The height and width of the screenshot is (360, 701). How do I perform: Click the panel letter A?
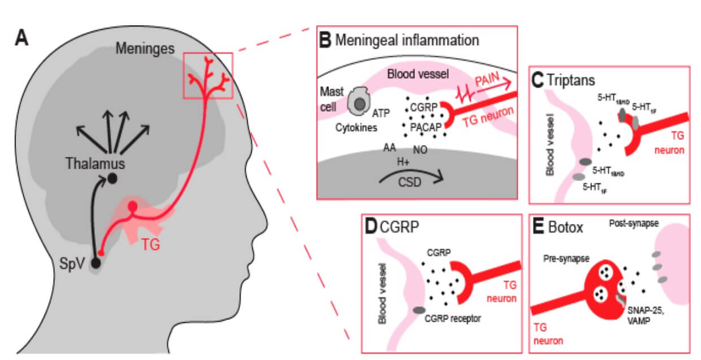click(x=21, y=38)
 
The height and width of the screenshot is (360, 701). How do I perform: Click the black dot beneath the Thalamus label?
click(x=113, y=179)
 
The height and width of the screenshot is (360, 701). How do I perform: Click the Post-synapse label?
click(x=634, y=223)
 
